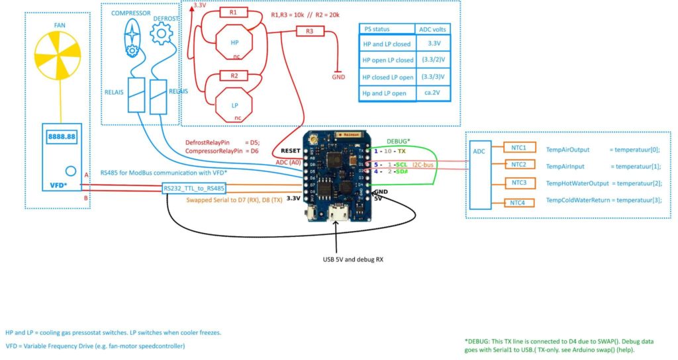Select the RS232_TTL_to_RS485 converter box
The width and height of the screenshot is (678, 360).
(193, 189)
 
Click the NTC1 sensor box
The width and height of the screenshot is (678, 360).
(518, 148)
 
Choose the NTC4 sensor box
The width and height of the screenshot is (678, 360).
(518, 202)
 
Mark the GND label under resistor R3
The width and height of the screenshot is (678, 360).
(338, 76)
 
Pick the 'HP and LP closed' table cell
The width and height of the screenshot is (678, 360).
(388, 44)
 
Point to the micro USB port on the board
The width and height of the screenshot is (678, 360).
(344, 214)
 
